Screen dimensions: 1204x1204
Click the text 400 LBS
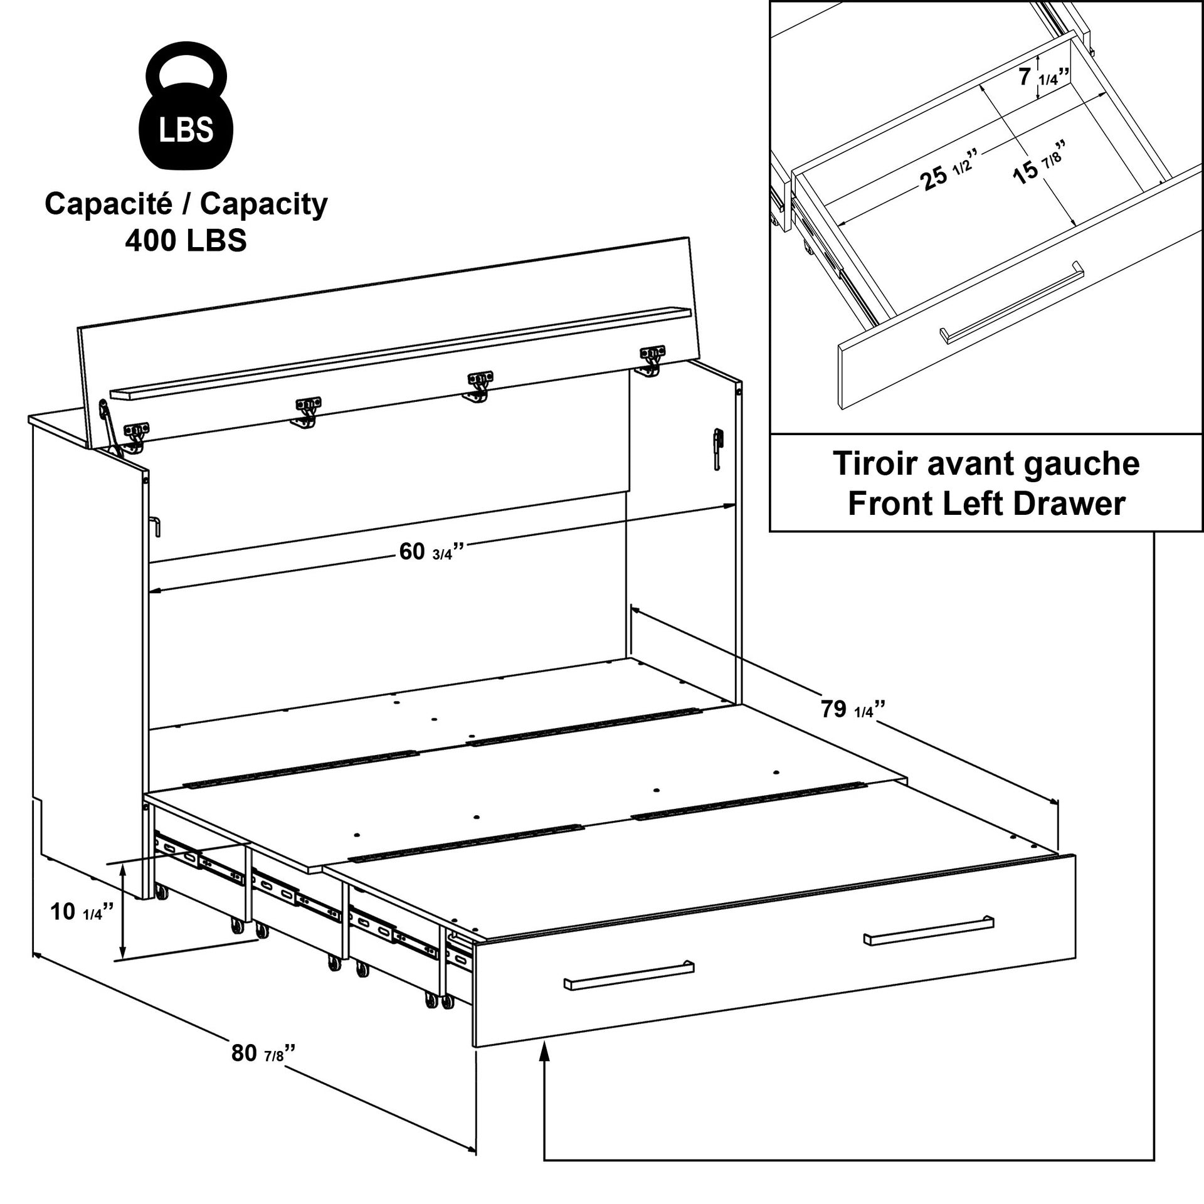click(186, 240)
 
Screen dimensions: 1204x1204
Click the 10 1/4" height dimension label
click(82, 911)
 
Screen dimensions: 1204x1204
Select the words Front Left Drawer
click(986, 504)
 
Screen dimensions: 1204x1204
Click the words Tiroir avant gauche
click(986, 464)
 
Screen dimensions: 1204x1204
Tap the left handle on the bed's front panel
click(628, 992)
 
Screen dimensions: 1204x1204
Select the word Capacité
click(117, 204)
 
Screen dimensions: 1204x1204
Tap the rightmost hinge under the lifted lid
click(652, 359)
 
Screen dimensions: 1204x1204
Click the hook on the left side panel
click(156, 526)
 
